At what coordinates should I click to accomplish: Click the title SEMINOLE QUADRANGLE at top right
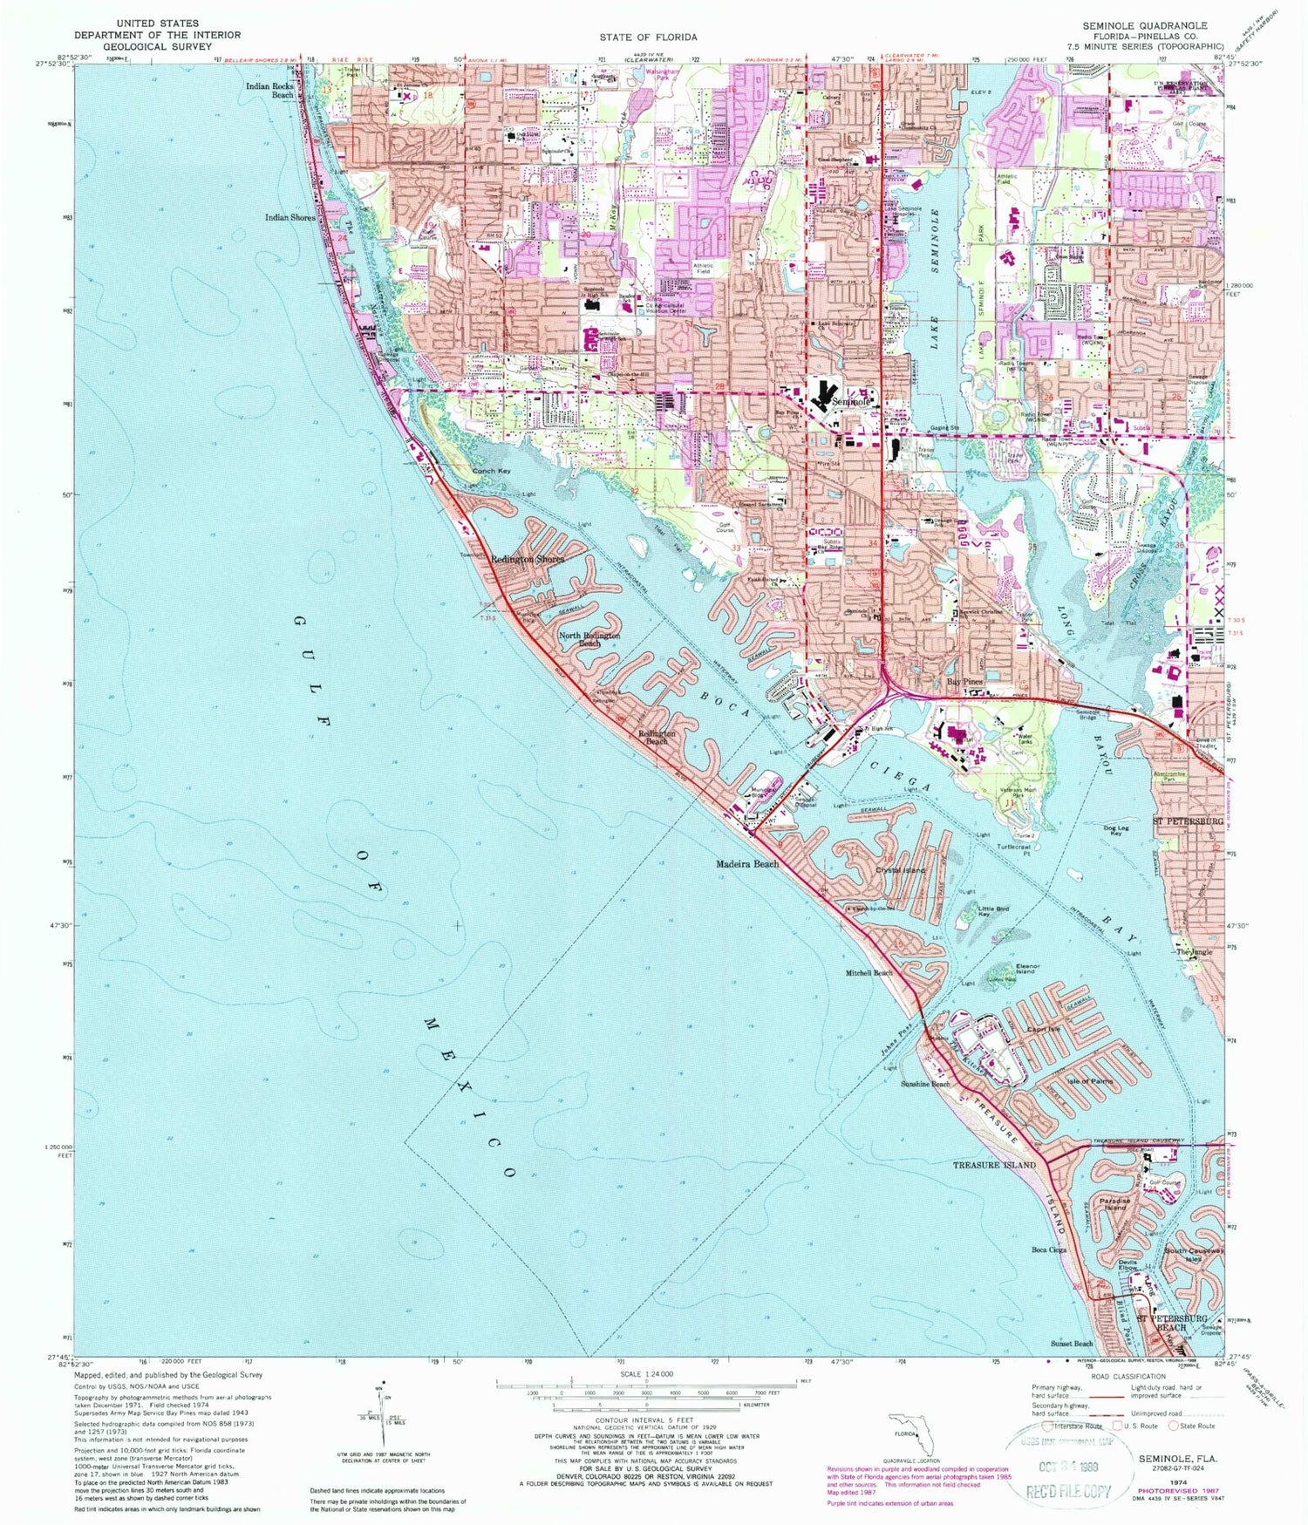1144,25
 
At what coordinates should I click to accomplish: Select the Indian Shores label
290,217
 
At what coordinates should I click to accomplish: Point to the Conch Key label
492,471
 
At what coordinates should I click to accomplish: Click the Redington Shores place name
527,560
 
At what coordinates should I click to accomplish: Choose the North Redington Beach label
589,640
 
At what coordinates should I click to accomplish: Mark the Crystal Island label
901,870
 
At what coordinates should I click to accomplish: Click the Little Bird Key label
993,912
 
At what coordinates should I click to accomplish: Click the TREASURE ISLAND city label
994,1165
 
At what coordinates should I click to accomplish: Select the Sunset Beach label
1072,1344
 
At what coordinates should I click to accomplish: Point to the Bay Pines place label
965,683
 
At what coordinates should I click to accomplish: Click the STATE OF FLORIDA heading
648,37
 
